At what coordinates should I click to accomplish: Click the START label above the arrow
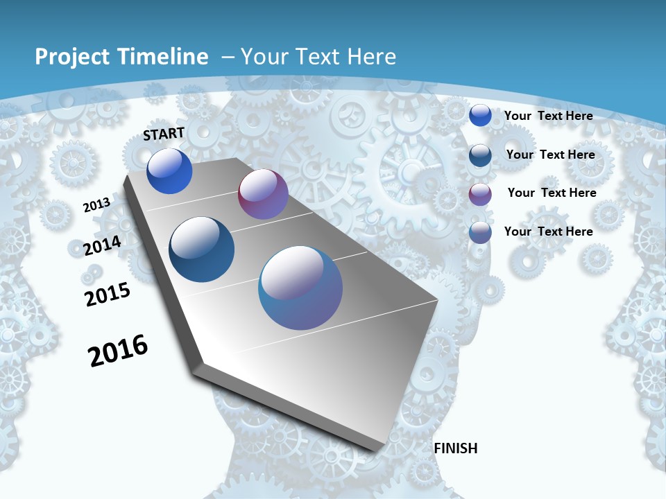(164, 134)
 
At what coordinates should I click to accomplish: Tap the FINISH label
(456, 448)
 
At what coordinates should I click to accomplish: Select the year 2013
(97, 205)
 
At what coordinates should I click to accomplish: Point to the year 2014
(103, 245)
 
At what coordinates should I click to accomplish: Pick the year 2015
(108, 295)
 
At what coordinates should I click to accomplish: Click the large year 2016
(118, 351)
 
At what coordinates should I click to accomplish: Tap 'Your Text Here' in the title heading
(318, 57)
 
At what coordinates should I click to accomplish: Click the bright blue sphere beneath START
(169, 171)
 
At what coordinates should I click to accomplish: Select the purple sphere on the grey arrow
(263, 194)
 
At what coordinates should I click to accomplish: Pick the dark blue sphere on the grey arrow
(201, 249)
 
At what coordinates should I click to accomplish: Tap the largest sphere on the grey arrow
(300, 288)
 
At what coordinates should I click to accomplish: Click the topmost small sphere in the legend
(480, 115)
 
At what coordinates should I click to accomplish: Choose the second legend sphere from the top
(480, 155)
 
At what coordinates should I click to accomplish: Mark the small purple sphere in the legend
(480, 193)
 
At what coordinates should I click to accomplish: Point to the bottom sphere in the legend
(480, 232)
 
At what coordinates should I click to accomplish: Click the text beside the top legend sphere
(548, 116)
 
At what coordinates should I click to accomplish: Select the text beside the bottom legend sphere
(548, 231)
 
